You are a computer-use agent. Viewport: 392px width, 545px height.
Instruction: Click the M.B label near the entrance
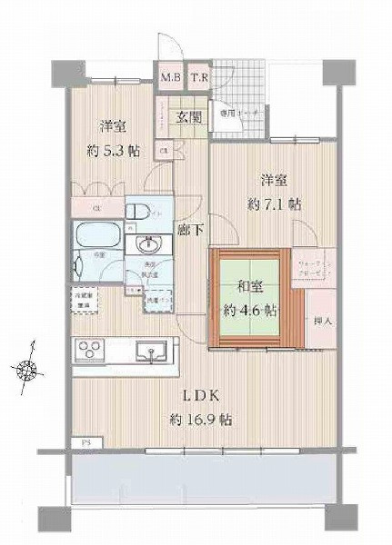[x=170, y=77]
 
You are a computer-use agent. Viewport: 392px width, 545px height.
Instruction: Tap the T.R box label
[x=199, y=77]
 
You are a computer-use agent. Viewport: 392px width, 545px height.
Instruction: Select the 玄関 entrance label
[x=190, y=116]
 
